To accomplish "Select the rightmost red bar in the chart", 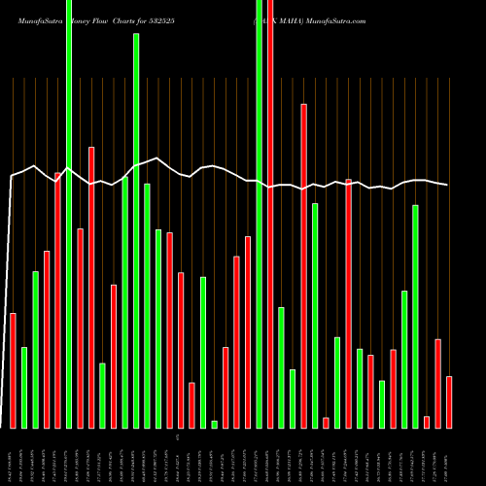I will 449,401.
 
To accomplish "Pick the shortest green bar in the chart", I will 214,424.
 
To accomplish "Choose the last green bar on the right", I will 415,316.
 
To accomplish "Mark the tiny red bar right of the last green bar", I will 427,421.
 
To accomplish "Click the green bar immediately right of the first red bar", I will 24,387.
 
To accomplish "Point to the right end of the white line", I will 447,185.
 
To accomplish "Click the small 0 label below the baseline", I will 177,438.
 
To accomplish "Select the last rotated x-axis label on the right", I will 449,465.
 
